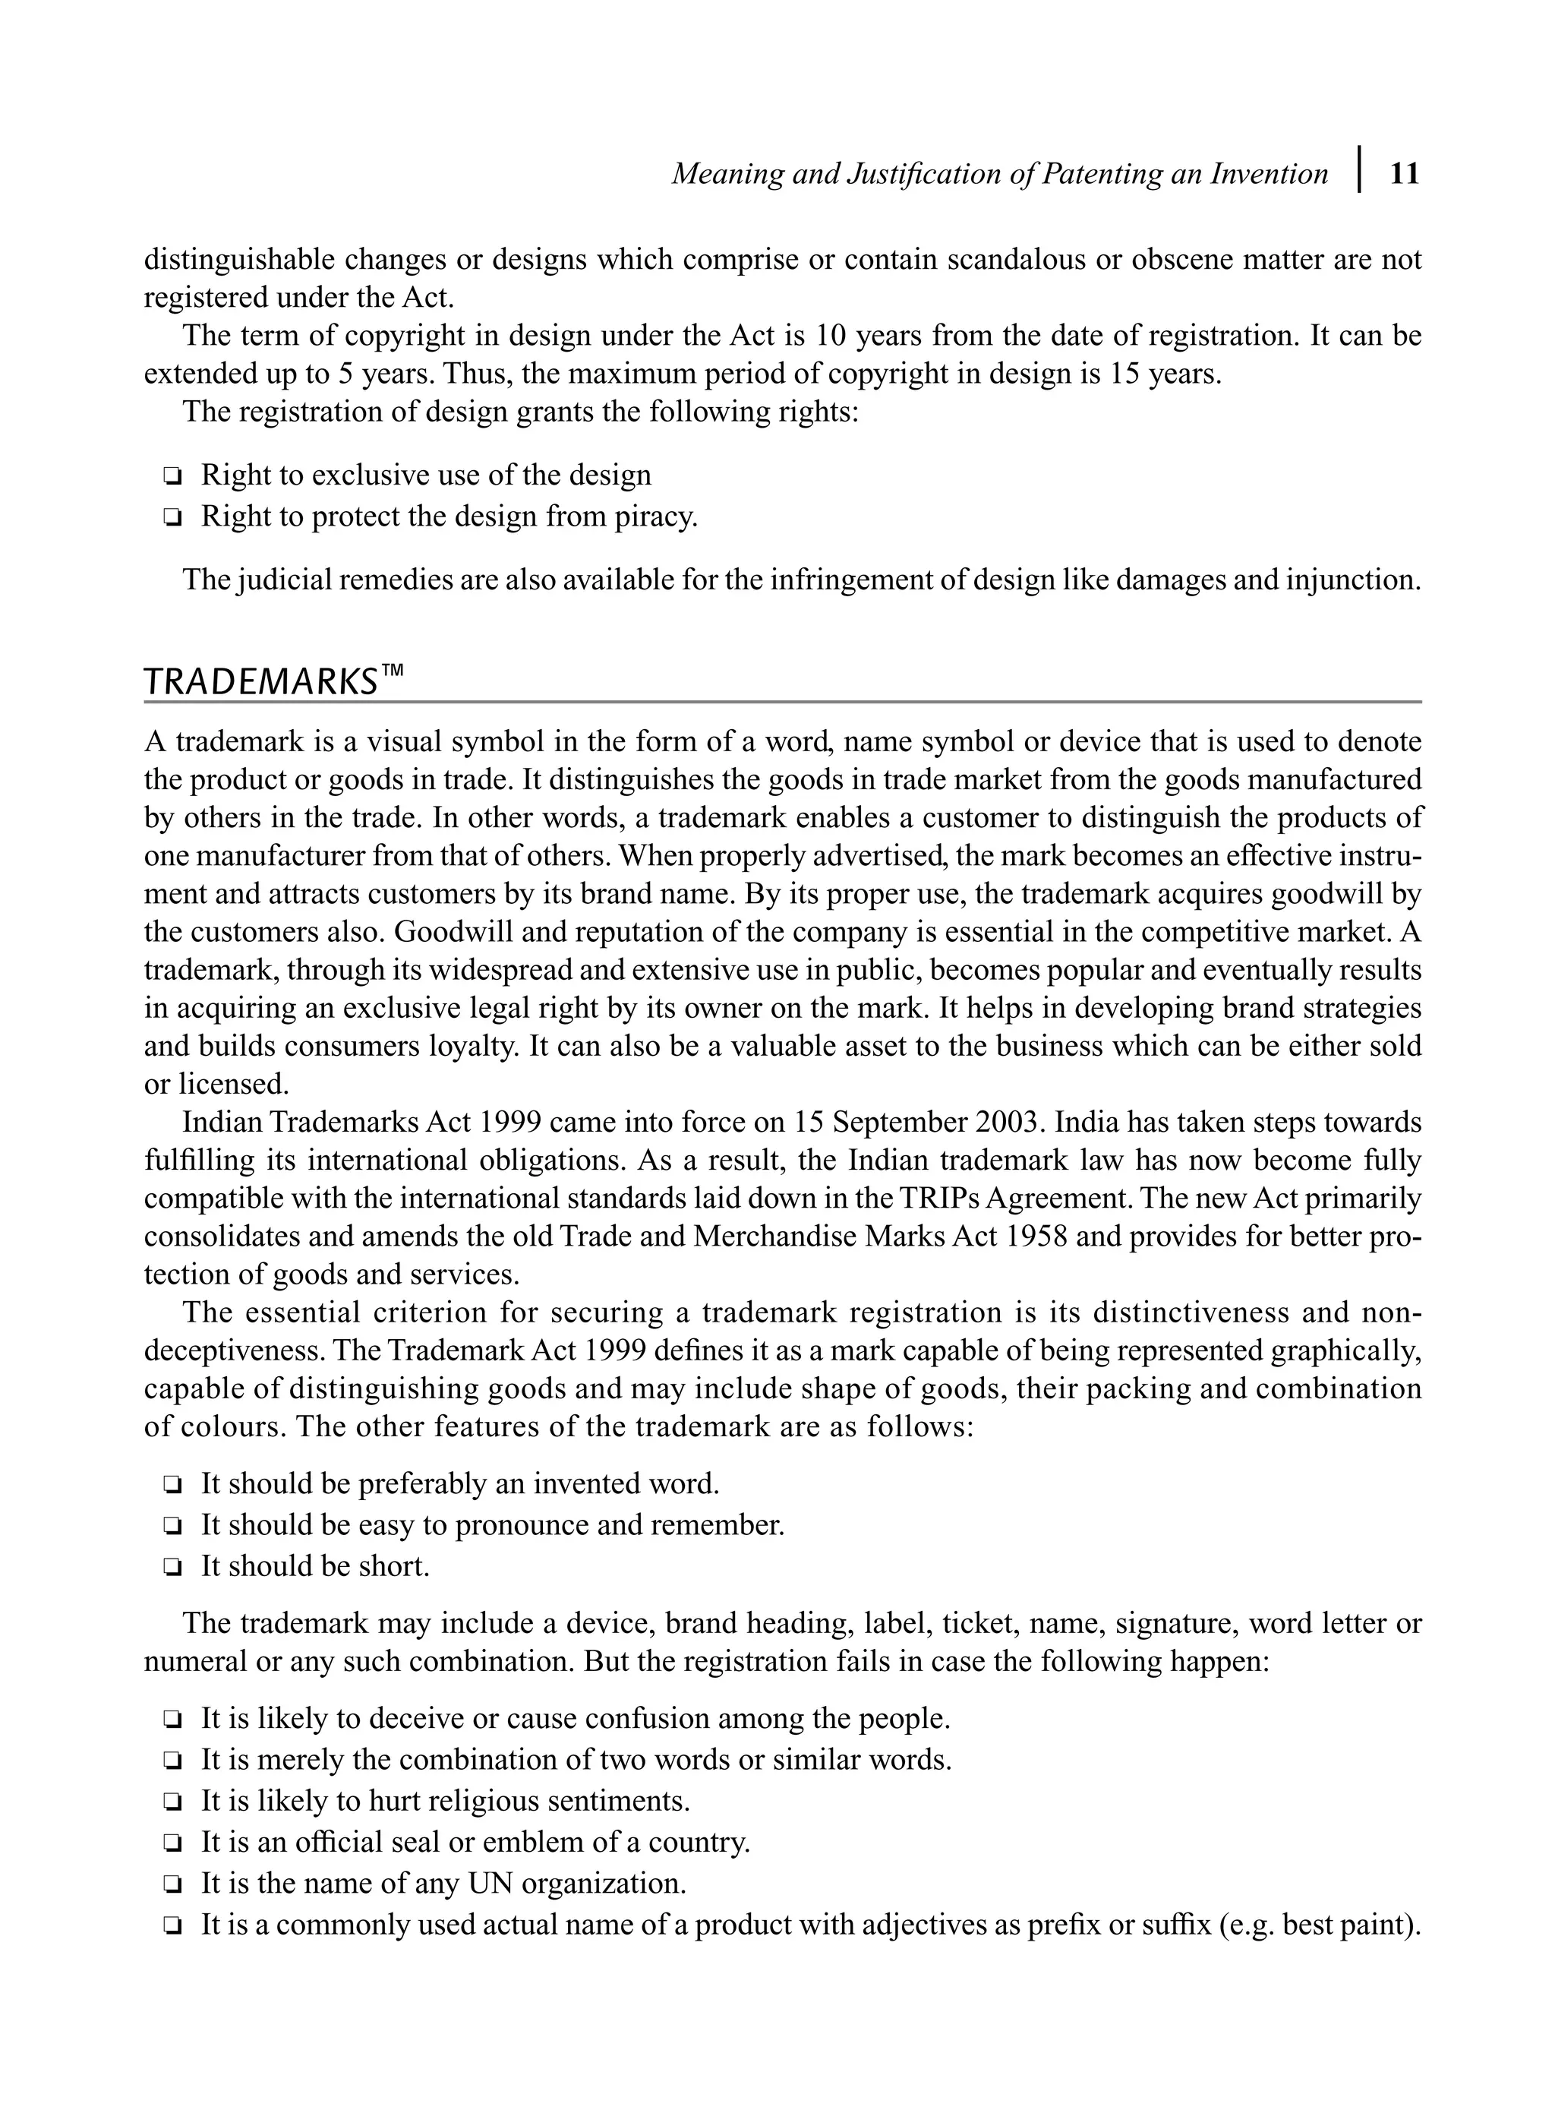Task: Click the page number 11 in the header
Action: coord(1403,174)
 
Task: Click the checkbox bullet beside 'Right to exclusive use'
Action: coord(172,476)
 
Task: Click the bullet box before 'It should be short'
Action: coord(172,1568)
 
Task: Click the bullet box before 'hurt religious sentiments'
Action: coord(172,1802)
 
